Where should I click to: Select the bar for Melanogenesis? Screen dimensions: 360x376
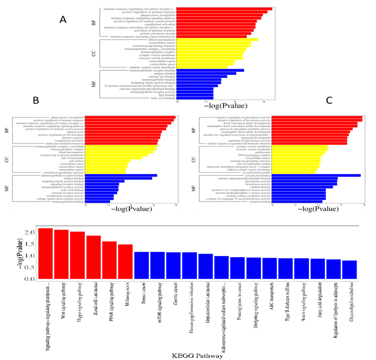click(x=126, y=261)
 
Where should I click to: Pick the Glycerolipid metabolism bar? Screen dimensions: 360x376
click(x=350, y=269)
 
